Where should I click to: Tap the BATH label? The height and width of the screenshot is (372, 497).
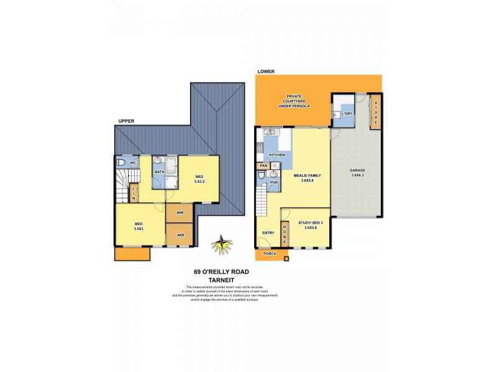point(159,172)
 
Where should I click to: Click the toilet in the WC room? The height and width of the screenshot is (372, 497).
point(122,164)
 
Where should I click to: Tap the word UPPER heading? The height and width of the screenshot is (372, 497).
point(126,122)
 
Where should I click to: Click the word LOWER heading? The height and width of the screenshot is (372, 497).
point(265,72)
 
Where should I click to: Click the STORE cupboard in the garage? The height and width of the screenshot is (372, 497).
point(375,112)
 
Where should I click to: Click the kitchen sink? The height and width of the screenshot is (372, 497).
point(270,131)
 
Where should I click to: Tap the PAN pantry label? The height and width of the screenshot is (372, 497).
point(263,166)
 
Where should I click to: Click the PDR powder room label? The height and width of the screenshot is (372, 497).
point(273,183)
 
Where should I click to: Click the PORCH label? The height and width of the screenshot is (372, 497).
point(269,254)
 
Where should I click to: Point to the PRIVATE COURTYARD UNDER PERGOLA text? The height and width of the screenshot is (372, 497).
point(293,101)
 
